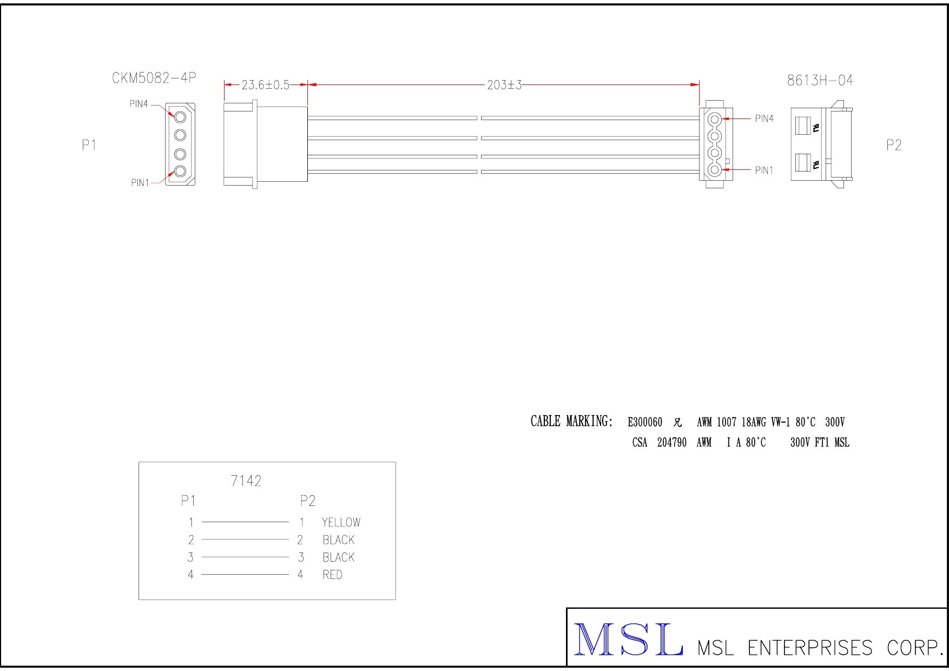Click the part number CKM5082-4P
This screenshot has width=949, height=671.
point(154,78)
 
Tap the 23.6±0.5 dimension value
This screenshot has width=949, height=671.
point(265,85)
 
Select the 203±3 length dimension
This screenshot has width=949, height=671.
point(504,85)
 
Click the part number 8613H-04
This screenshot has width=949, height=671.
point(820,81)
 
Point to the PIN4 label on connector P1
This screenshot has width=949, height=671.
point(139,104)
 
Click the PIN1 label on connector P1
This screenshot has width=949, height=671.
point(140,183)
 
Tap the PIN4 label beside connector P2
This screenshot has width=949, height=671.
point(765,119)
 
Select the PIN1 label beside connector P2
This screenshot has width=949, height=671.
point(765,171)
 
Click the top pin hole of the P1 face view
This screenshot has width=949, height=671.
point(180,116)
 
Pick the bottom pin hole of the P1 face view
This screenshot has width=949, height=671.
point(180,172)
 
